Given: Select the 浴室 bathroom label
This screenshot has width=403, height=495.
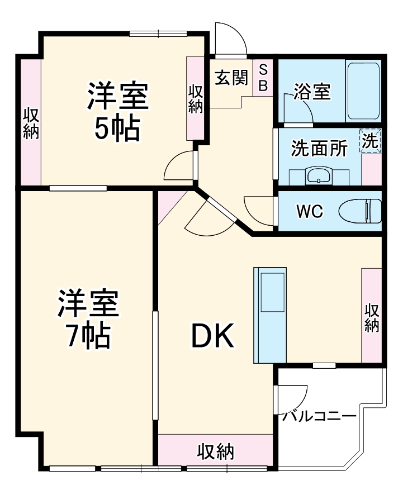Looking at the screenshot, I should point(312,92).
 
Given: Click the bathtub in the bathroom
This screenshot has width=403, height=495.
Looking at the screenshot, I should point(363,91).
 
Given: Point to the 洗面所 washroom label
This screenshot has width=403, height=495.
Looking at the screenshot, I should point(319,148).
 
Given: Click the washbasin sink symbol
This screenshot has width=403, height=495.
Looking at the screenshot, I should point(320,176).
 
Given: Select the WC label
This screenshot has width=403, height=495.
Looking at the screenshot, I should point(309,212).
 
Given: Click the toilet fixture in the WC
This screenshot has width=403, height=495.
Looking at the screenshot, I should point(361,212).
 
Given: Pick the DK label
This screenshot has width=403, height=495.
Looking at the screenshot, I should point(213,336).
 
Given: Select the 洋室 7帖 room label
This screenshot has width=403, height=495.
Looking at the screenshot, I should point(88,317).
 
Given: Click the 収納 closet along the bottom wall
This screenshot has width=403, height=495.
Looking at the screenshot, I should point(216,450).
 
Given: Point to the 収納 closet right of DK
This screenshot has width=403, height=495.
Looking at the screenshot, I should point(372,316).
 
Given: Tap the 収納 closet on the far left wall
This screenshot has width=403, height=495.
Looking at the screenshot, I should point(31,123).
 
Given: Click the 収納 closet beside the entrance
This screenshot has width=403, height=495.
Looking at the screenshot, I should point(195,99).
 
